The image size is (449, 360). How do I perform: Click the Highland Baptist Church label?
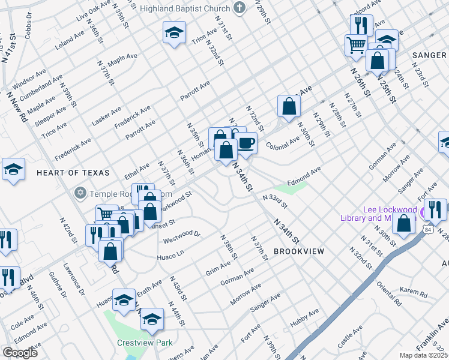click(x=184, y=8)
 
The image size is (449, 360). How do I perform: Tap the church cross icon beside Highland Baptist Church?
click(x=240, y=8)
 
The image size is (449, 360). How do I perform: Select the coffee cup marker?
click(x=246, y=143)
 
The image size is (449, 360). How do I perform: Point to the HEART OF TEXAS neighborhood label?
click(x=73, y=173)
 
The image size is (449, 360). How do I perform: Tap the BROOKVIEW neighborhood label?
click(x=299, y=251)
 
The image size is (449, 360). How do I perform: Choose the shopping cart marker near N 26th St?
click(x=356, y=44)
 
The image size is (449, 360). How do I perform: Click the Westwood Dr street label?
click(x=181, y=236)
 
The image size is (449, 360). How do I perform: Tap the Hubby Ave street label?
click(x=304, y=318)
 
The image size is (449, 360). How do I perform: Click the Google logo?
click(x=20, y=353)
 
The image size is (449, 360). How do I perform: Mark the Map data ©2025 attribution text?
click(x=424, y=355)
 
